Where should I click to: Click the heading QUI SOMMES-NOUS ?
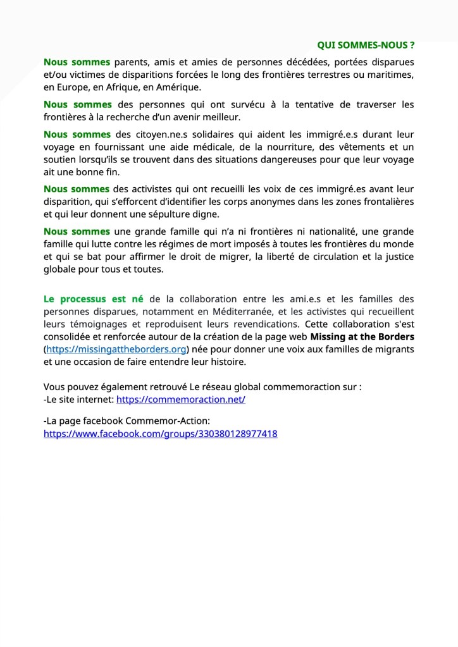click(x=366, y=45)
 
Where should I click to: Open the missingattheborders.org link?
click(x=116, y=349)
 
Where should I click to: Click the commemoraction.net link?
click(x=180, y=400)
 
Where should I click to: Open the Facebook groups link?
click(x=160, y=434)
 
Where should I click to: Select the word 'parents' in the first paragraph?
click(x=132, y=62)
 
